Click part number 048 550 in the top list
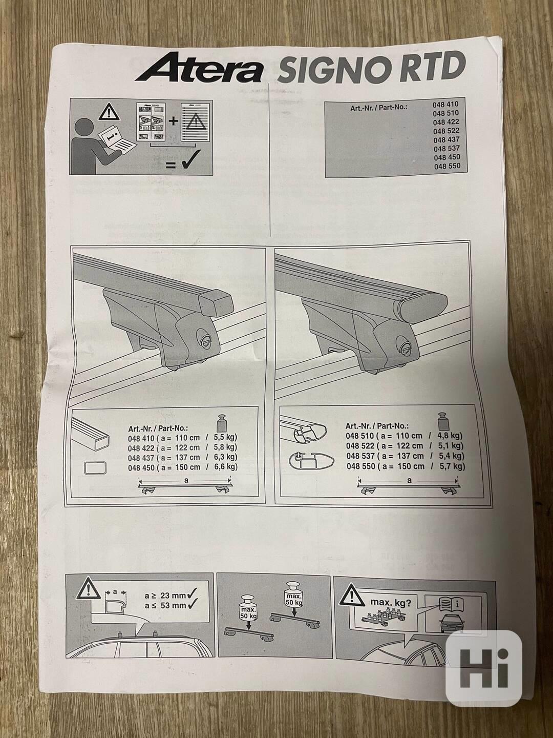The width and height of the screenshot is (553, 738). tap(447, 166)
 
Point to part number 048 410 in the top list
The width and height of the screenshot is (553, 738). tap(445, 104)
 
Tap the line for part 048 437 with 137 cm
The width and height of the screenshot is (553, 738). tap(183, 457)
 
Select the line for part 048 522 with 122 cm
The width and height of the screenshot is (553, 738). tap(405, 446)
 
